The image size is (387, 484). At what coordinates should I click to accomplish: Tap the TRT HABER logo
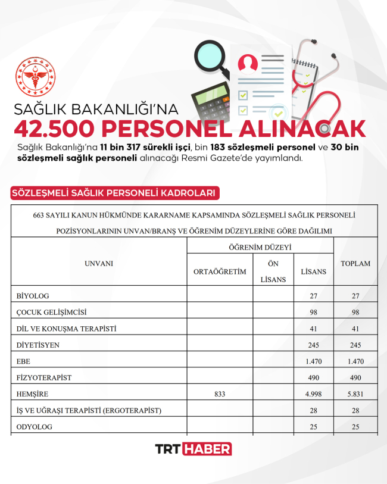point(193,449)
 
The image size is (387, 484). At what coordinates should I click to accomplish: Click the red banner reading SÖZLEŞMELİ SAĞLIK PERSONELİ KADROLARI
point(113,193)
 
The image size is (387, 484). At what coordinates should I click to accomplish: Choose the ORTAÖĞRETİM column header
point(220,271)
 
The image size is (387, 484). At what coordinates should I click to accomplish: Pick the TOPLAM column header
point(355,263)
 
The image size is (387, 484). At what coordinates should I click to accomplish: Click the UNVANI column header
point(99,263)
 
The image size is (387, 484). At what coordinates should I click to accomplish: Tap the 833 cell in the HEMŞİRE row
point(220,394)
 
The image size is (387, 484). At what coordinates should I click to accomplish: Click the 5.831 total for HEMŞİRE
point(355,394)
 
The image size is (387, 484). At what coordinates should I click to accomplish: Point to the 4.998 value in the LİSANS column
point(314,394)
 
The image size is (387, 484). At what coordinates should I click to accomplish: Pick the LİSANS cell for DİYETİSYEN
point(314,345)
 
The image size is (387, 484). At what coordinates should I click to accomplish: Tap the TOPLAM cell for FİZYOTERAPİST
point(355,377)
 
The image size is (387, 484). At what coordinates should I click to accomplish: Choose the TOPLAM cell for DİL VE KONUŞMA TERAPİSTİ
point(355,329)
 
